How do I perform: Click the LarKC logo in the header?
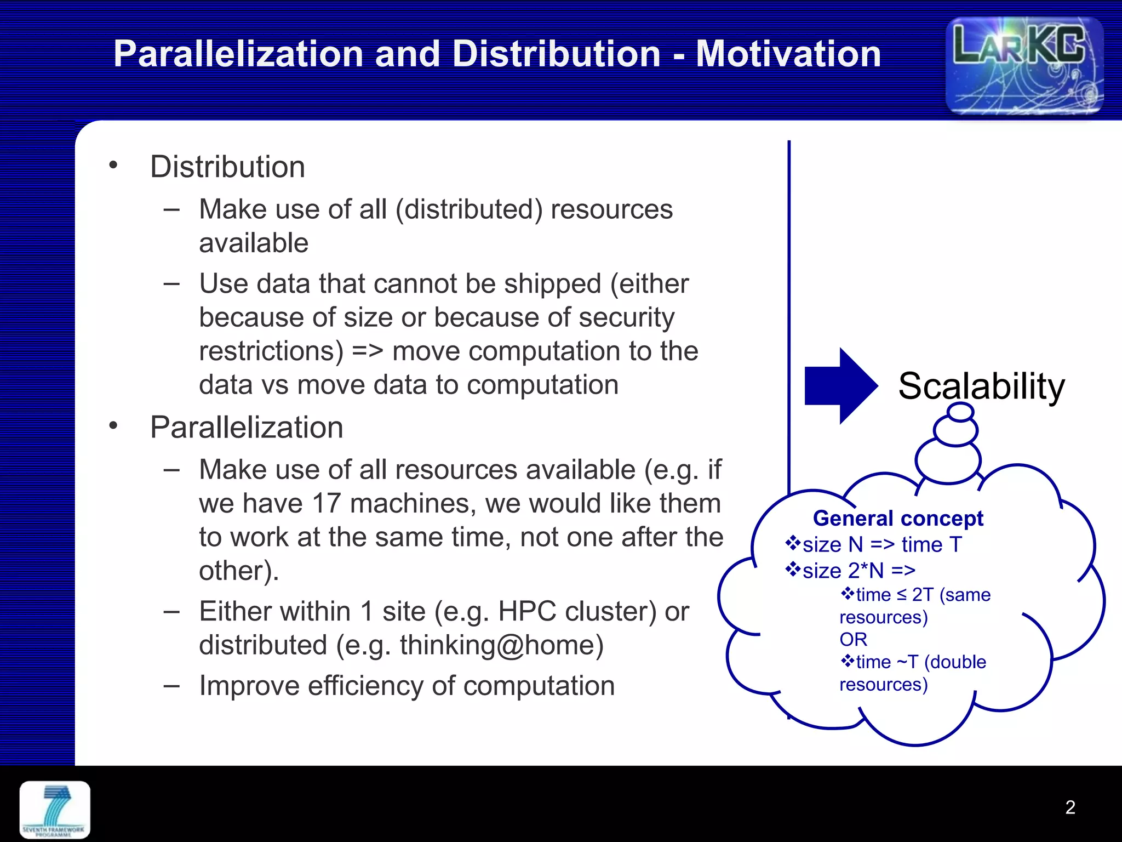coord(1024,66)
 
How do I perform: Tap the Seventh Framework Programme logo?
coord(55,810)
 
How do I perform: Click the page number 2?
coord(1070,807)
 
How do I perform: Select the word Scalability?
coord(981,386)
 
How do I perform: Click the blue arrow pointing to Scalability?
coord(840,386)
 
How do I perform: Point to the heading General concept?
coord(898,518)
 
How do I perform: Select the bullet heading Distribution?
coord(227,167)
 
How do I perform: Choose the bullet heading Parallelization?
coord(247,427)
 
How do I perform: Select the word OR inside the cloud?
coord(853,639)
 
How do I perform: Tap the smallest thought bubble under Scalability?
coord(960,412)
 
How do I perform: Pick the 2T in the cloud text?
coord(923,595)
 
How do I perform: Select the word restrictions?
coord(271,351)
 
